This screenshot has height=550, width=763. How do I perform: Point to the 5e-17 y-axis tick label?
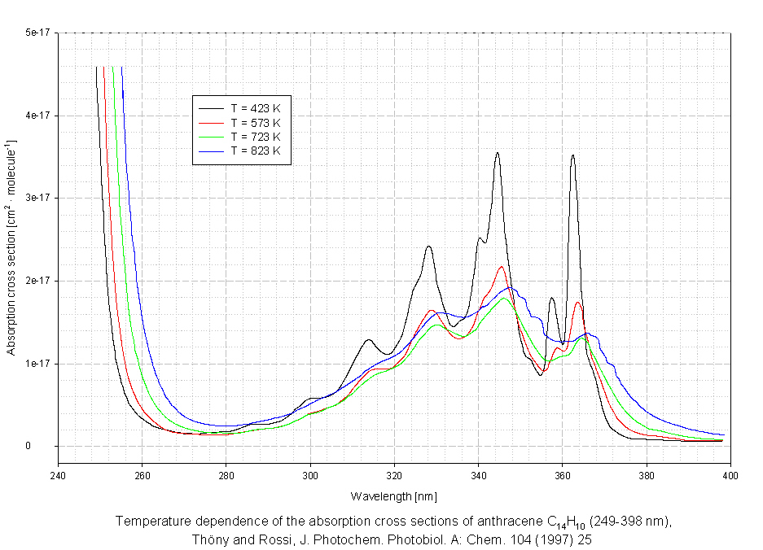click(37, 33)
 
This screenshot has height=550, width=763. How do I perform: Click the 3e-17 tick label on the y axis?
click(37, 199)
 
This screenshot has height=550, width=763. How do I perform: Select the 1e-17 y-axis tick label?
click(37, 364)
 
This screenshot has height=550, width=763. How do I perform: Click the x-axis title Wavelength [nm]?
click(393, 495)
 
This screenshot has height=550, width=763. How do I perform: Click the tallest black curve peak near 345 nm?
click(497, 153)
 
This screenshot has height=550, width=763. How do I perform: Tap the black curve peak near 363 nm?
click(572, 155)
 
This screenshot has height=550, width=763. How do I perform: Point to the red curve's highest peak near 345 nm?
click(502, 267)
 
